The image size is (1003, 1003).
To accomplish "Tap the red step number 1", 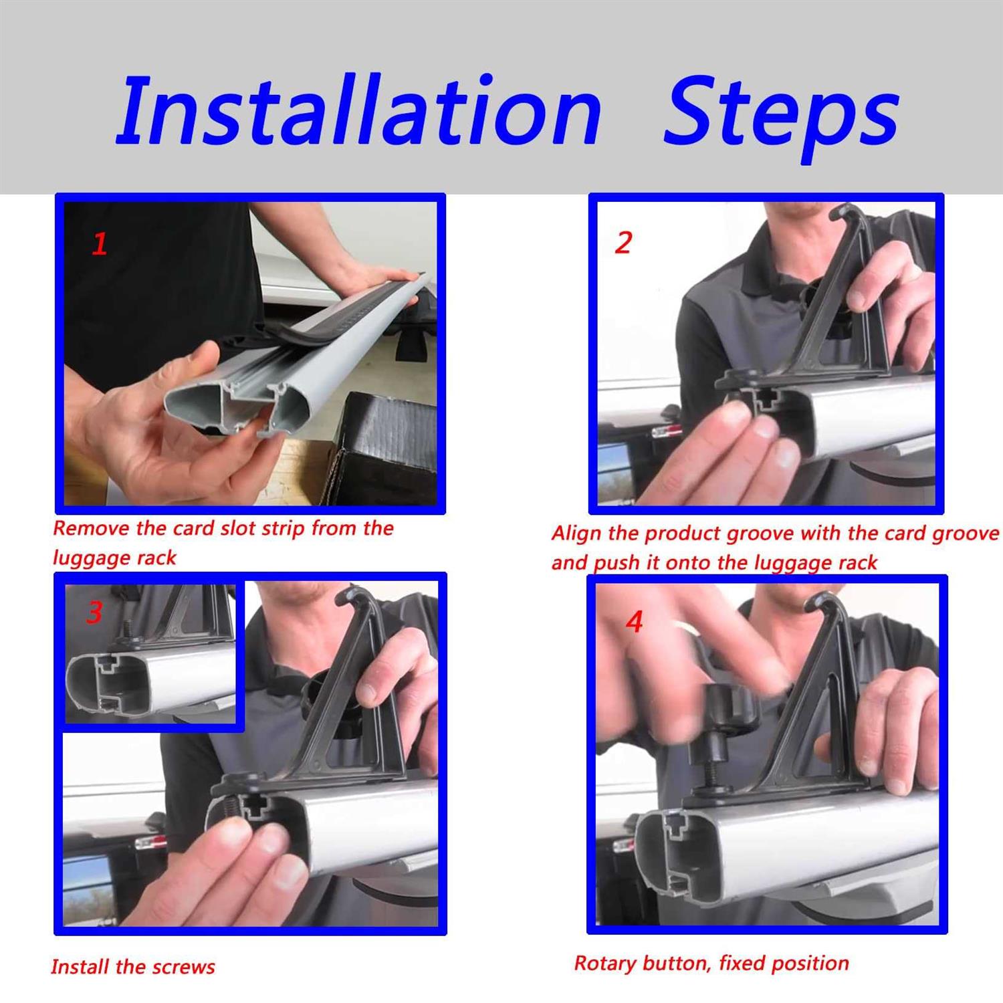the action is pos(100,244).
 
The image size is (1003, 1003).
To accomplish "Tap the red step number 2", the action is pos(623,242).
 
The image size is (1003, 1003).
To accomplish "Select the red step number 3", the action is pos(94,612).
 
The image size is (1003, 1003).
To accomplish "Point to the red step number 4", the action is pos(634,622).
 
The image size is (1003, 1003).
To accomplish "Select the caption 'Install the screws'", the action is pos(133,967).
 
